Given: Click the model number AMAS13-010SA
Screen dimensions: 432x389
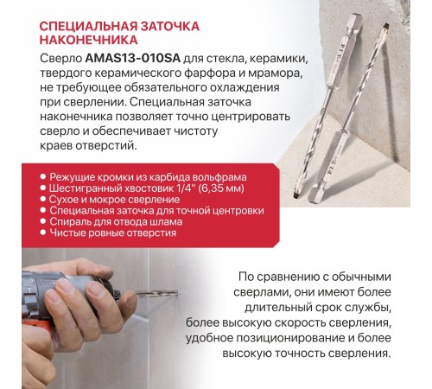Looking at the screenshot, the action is [133, 59].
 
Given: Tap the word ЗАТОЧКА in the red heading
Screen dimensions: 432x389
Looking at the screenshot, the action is [170, 27].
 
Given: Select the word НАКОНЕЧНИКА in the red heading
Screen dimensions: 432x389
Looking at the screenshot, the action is [88, 40].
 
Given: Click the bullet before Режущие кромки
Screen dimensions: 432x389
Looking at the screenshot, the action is [43, 176].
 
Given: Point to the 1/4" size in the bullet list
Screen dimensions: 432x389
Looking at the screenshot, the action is [184, 188].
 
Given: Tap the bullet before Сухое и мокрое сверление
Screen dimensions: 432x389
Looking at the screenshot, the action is [43, 199].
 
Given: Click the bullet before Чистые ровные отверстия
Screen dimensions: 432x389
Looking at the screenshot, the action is [43, 233].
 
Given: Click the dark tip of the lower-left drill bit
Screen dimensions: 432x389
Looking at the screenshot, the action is [295, 194].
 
